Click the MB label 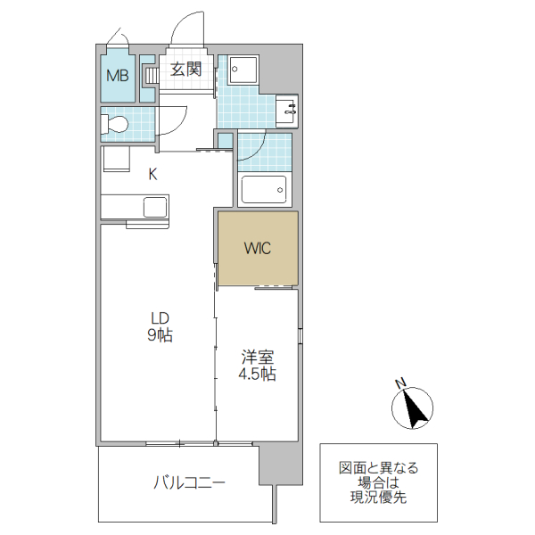point(118,76)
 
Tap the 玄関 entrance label point(186,69)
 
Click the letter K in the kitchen point(152,175)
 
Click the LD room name point(159,318)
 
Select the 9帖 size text point(159,335)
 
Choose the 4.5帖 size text point(256,374)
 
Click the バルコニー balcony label point(189,483)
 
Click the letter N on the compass point(400,384)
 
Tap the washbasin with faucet point(287,108)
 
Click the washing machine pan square point(241,70)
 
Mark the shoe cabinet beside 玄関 point(150,75)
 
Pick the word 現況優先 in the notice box point(378,497)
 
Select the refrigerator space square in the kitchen point(114,160)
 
